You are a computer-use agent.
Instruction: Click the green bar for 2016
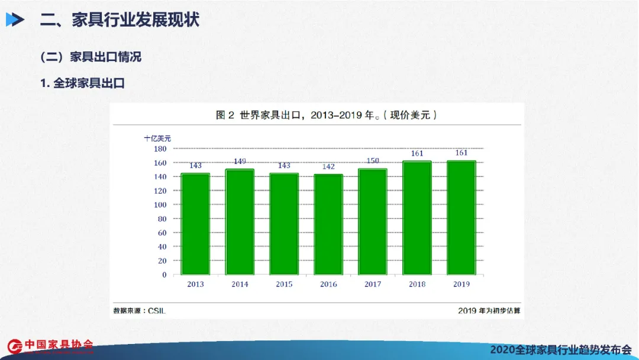pos(328,224)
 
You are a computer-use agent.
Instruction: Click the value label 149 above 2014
pos(240,161)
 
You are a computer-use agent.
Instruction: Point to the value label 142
pos(328,166)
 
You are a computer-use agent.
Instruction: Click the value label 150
pos(373,160)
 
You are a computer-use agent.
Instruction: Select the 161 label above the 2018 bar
pos(417,153)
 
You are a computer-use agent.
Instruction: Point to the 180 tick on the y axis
pos(160,149)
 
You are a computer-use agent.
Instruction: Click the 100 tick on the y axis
pos(160,204)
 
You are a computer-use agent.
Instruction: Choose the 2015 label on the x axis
pos(284,284)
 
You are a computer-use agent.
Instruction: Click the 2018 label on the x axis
pos(417,284)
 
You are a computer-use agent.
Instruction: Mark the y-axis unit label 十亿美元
pos(157,138)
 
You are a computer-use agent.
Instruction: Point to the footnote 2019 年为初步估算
pos(489,310)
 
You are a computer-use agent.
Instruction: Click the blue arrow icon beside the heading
pos(15,20)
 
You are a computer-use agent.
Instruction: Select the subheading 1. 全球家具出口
pos(83,83)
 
